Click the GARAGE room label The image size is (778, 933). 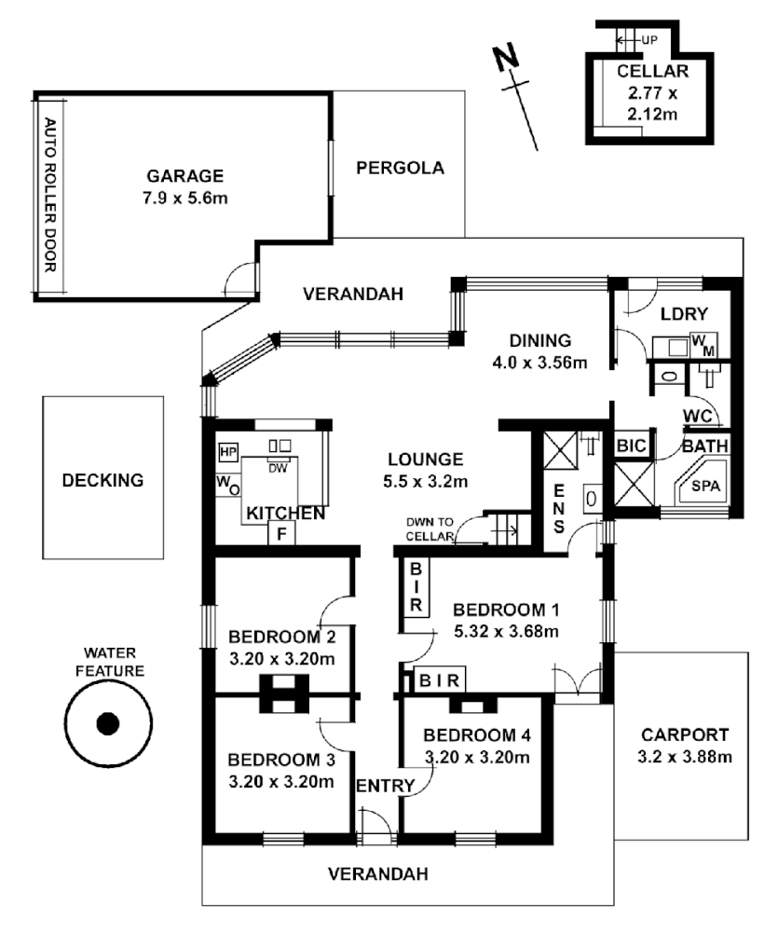(184, 175)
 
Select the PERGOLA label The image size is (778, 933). (400, 168)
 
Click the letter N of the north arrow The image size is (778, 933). (505, 58)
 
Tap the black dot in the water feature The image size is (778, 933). (108, 722)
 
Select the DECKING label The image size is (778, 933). (102, 481)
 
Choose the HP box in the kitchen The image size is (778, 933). (227, 452)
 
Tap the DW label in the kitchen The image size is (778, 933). (279, 466)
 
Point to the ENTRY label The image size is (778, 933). (385, 786)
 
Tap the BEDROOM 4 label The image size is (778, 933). (476, 735)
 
